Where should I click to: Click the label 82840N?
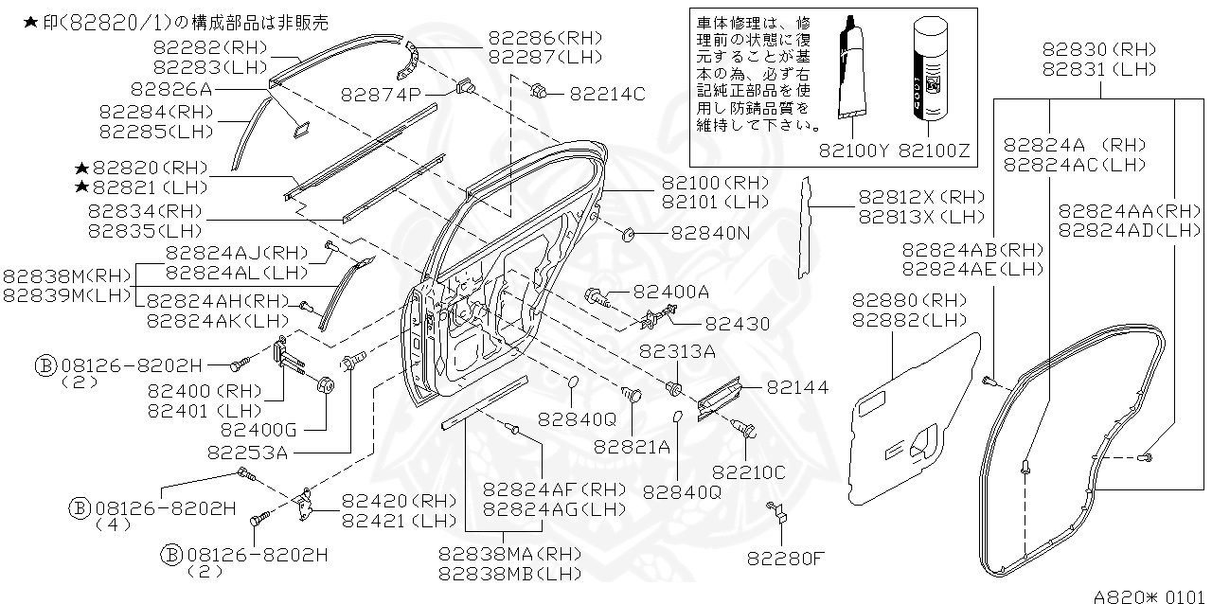(x=710, y=233)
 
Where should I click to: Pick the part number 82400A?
(x=670, y=293)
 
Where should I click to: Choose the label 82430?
(x=738, y=324)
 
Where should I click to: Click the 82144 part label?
(x=797, y=386)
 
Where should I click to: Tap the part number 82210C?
(x=749, y=471)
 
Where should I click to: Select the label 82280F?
(x=785, y=557)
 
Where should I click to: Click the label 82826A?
(x=171, y=89)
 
